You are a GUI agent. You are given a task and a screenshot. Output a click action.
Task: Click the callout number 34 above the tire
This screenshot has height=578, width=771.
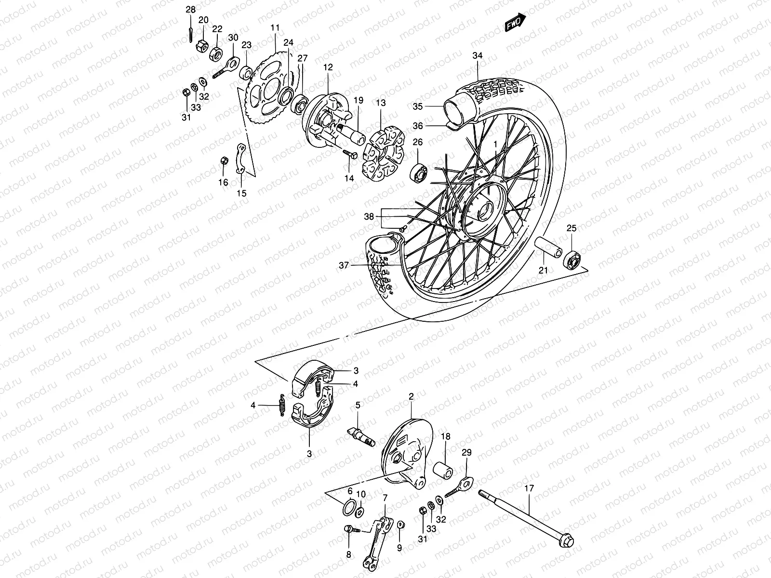click(x=477, y=56)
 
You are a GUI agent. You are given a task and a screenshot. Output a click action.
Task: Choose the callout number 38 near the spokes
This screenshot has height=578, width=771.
click(x=369, y=217)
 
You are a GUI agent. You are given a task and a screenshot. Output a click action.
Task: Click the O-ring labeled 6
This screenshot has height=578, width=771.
click(x=349, y=508)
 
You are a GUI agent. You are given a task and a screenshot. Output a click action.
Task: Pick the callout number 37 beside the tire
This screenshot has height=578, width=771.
click(x=344, y=265)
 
